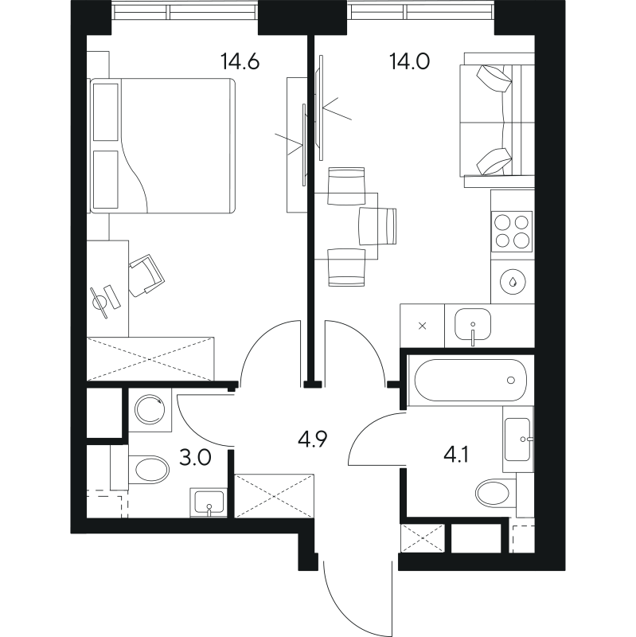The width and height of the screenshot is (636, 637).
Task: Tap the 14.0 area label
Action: pos(409,61)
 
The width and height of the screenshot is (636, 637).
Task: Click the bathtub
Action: pos(468,381)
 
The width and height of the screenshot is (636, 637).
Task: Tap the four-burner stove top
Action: pos(512,230)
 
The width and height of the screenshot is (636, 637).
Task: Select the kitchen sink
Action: pos(473,326)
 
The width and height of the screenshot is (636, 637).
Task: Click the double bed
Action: pos(164,145)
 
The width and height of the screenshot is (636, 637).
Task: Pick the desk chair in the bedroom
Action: pos(146,275)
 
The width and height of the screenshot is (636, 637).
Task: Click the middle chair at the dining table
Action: pos(377,225)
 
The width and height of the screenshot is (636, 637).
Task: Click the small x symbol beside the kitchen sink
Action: pos(422,325)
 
